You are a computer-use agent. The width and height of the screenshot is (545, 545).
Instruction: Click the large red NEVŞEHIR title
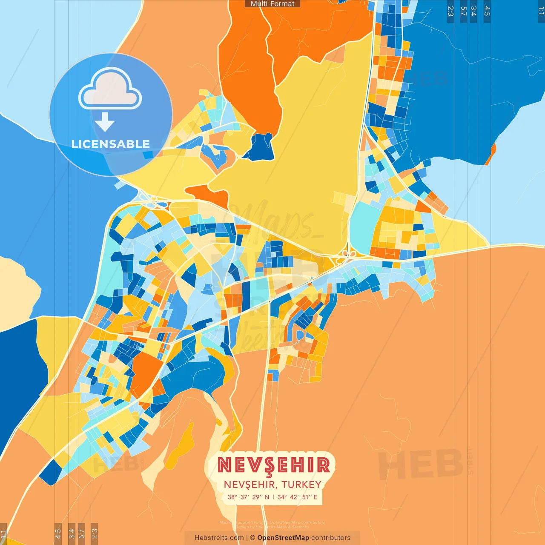(x=273, y=465)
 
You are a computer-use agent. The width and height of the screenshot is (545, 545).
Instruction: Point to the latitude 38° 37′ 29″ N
(x=248, y=497)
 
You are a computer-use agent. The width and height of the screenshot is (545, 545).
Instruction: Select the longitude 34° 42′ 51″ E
(x=297, y=497)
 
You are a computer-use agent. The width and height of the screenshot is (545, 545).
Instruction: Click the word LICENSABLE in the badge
(x=111, y=144)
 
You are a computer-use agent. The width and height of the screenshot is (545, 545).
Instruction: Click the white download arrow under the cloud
(x=105, y=122)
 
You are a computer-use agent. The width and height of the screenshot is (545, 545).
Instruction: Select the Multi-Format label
(x=272, y=4)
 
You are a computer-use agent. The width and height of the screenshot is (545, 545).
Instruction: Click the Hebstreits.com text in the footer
(x=219, y=538)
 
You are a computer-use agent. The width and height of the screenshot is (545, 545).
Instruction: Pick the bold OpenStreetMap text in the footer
(x=283, y=538)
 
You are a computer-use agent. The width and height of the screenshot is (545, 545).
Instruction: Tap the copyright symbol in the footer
(x=252, y=538)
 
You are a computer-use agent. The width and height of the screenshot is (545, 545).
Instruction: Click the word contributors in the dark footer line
(x=331, y=538)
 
